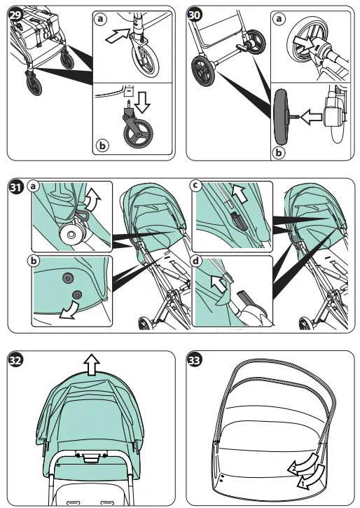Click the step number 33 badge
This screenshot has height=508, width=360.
click(195, 360)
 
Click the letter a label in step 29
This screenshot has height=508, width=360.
click(100, 20)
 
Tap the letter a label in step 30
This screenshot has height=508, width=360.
click(280, 20)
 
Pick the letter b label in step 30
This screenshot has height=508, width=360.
click(280, 150)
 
